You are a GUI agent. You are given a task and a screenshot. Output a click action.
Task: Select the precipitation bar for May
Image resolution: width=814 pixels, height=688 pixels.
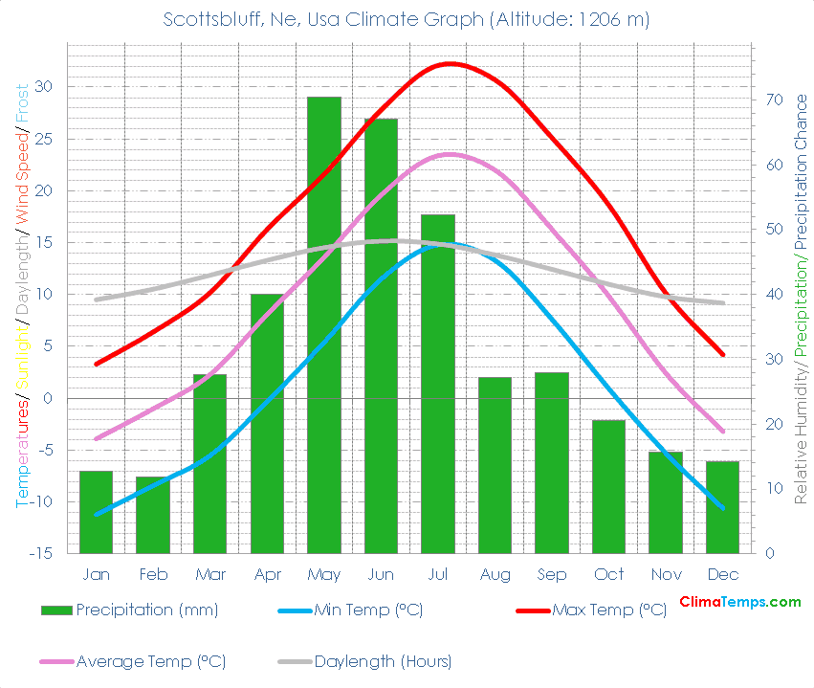coord(324,325)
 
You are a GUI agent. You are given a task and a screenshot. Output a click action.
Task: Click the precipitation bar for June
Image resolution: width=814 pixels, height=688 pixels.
coord(381,335)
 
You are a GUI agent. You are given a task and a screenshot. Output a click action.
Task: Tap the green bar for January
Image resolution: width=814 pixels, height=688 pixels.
coord(96,512)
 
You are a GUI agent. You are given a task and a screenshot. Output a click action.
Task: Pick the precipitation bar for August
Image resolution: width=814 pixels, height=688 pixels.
coord(495,465)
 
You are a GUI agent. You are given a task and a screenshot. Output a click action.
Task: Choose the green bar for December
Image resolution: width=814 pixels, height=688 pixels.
coord(722,507)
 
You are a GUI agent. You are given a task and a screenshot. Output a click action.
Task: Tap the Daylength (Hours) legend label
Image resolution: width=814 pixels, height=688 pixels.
coord(383,661)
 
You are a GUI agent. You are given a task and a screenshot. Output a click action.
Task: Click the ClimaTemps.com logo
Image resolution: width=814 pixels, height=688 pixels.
coord(739,602)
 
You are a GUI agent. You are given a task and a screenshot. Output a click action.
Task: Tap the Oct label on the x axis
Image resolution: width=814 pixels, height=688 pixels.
coord(608,574)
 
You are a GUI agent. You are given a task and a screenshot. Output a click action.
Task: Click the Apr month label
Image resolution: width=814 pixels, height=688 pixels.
coord(267,574)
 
